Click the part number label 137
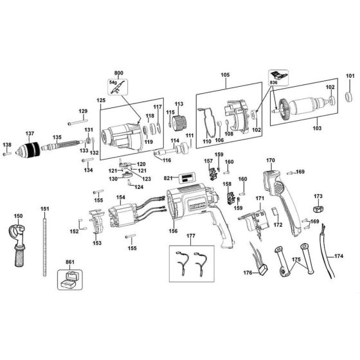[29, 134]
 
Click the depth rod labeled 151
[45, 248]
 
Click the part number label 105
[225, 74]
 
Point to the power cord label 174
[338, 256]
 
